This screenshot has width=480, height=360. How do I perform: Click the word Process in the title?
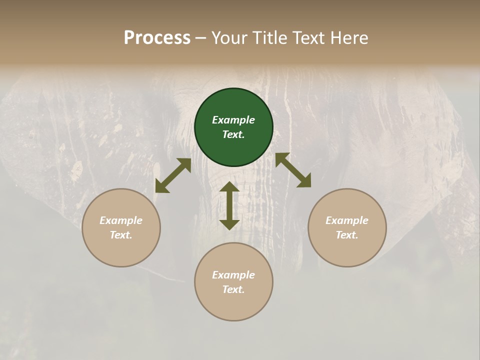(157, 38)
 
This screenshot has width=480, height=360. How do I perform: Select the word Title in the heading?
(270, 38)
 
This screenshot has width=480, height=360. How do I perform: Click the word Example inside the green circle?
(233, 120)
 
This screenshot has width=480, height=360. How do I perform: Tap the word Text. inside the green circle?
(233, 134)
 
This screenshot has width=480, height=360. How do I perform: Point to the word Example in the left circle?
(121, 220)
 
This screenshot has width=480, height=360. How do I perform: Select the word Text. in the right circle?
(347, 235)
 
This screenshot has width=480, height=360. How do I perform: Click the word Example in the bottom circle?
(233, 275)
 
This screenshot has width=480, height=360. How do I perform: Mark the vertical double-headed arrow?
(229, 205)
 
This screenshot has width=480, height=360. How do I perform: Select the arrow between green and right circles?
(293, 170)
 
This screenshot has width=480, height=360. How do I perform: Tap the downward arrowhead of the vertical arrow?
(229, 223)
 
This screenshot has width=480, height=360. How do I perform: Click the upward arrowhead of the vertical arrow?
(229, 187)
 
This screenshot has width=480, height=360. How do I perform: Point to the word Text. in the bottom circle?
(233, 289)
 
